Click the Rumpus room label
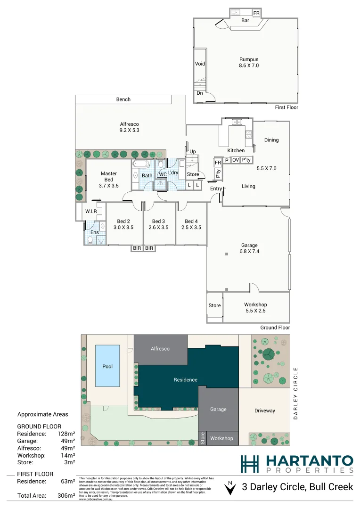coord(249,62)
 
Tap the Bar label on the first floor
coord(245,21)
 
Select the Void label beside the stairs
coord(200,64)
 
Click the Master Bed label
coord(109,180)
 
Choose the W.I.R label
coord(91,211)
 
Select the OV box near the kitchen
coord(236,160)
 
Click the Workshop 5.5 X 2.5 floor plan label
coord(255,308)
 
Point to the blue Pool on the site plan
coord(107,366)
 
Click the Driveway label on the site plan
coord(264,410)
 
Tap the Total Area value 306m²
coord(66,495)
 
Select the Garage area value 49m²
coord(66,441)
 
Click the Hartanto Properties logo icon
coord(250,464)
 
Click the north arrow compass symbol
coord(229,488)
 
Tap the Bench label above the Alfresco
coord(123,99)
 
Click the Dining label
coord(271,140)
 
